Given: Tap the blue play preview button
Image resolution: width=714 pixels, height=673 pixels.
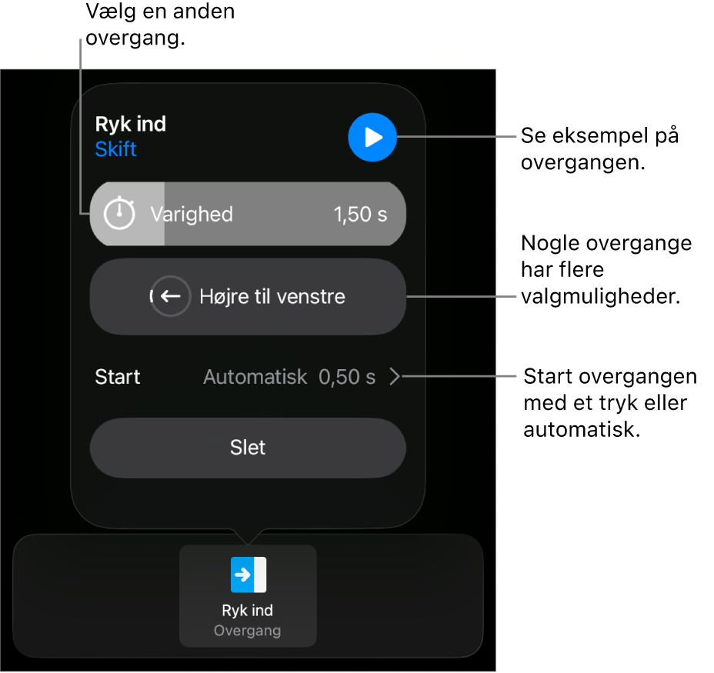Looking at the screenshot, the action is [372, 137].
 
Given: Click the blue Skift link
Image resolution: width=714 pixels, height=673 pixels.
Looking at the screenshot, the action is [115, 149].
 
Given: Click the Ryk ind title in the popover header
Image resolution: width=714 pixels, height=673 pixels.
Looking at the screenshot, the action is [131, 124].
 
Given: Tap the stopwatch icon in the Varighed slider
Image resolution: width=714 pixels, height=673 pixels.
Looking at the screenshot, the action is [119, 212].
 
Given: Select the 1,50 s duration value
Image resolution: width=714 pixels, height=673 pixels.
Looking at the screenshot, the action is [360, 214].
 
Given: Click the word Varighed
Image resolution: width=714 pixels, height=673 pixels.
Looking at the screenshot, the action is [192, 214].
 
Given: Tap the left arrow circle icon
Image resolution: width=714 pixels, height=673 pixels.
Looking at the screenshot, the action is [170, 296].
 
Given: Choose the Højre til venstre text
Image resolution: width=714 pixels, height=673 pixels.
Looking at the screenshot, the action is [272, 296].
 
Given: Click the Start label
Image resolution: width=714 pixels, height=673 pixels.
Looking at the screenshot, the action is [118, 377].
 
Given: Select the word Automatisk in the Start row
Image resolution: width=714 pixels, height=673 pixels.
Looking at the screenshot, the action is [255, 377].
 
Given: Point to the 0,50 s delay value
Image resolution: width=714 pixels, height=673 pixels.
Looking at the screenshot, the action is [347, 377].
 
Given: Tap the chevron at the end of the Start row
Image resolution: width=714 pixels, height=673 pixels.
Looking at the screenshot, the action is [395, 377].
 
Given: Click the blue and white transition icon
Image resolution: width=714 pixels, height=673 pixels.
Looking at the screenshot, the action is [249, 575].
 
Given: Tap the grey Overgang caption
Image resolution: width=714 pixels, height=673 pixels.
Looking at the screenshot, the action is [247, 631].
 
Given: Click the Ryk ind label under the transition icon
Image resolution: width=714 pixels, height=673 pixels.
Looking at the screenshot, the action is [247, 610].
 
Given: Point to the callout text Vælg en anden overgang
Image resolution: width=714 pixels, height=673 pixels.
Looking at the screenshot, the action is [160, 24].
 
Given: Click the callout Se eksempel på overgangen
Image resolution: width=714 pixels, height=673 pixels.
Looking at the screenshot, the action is [599, 149].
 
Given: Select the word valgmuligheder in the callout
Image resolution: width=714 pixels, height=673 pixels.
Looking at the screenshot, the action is [601, 296].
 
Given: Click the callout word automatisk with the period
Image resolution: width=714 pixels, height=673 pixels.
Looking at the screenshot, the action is [582, 429].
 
